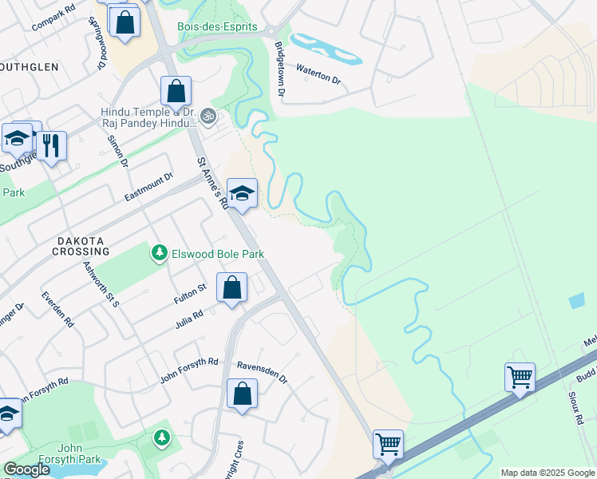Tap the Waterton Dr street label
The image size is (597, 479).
tap(318, 75)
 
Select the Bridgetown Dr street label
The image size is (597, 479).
tap(279, 69)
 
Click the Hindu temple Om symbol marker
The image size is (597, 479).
tap(208, 116)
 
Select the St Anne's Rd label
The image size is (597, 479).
tap(212, 183)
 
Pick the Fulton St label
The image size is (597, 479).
tap(191, 293)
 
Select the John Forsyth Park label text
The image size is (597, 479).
tap(69, 459)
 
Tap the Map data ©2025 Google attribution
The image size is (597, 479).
tap(548, 473)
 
